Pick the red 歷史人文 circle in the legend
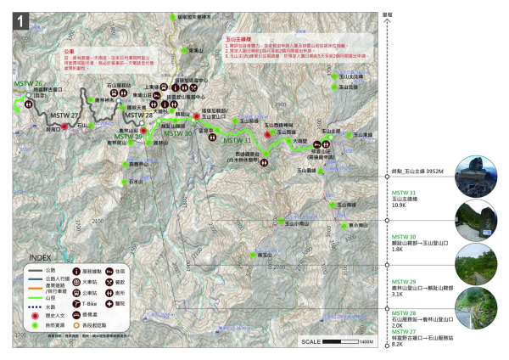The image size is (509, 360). pos(33,313)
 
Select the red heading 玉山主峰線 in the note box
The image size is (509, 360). pos(243,39)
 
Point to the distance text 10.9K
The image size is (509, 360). pos(400,205)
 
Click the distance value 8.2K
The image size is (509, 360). pos(398,335)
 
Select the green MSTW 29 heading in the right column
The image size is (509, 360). pos(404,281)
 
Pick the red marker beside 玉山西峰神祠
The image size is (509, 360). pos(269,133)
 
